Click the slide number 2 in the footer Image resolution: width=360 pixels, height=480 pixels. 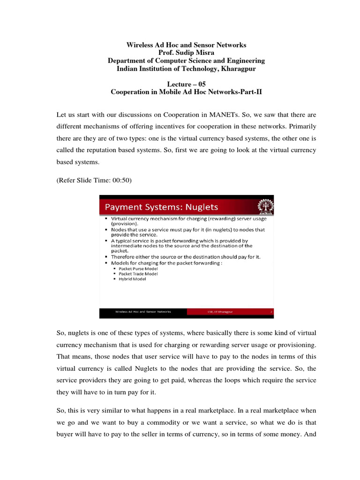coord(271,311)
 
